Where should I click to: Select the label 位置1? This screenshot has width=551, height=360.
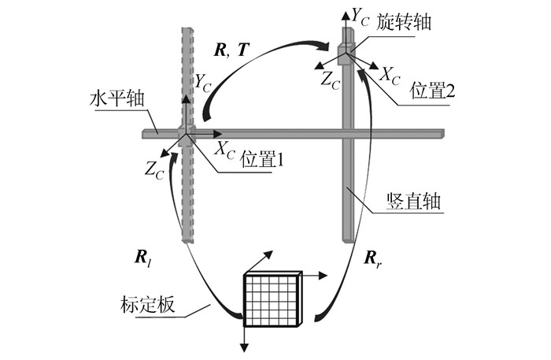(x=259, y=159)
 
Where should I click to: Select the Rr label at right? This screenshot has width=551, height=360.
(x=374, y=257)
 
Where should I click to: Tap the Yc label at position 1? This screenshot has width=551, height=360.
(x=203, y=80)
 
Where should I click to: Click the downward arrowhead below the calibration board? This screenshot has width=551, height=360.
(x=244, y=347)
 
